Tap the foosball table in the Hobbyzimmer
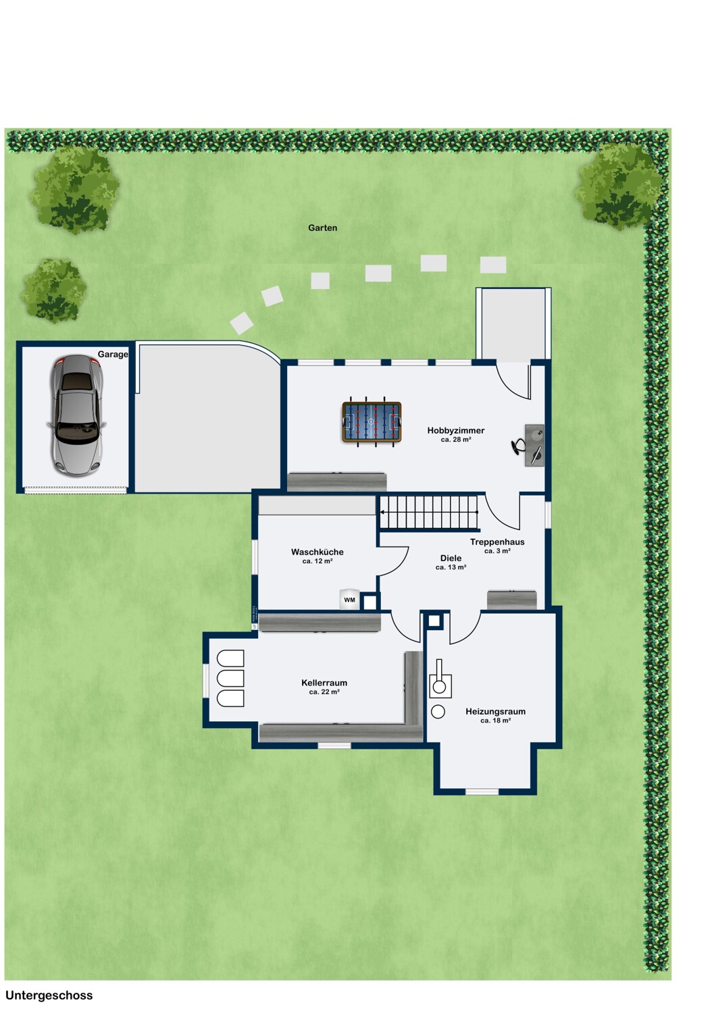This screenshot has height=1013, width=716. pyautogui.click(x=372, y=422)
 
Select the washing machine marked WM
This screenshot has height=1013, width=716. pyautogui.click(x=350, y=599)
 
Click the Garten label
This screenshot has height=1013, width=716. pyautogui.click(x=322, y=228)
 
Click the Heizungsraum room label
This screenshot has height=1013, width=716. pyautogui.click(x=495, y=711)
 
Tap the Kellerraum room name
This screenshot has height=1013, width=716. pyautogui.click(x=324, y=683)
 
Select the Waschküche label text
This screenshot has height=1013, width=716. pyautogui.click(x=317, y=552)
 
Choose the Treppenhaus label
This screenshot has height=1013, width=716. pyautogui.click(x=497, y=542)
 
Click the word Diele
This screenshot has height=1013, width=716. pyautogui.click(x=451, y=558)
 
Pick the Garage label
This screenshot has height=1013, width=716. pyautogui.click(x=113, y=355)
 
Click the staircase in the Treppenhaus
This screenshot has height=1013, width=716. pyautogui.click(x=428, y=513)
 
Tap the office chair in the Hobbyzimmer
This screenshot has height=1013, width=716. pyautogui.click(x=518, y=446)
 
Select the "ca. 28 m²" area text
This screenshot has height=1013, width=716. pyautogui.click(x=456, y=439)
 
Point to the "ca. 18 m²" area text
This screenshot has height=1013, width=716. pyautogui.click(x=495, y=721)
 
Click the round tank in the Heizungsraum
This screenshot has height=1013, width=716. pyautogui.click(x=438, y=711)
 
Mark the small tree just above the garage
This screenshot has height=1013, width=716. pyautogui.click(x=53, y=291)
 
